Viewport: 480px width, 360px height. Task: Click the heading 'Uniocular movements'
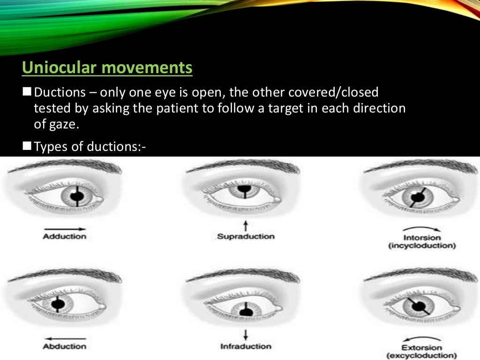107,68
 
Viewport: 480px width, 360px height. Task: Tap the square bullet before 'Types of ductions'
27,147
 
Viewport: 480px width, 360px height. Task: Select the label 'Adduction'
64,237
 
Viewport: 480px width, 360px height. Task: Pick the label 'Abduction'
64,346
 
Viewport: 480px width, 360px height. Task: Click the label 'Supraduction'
246,237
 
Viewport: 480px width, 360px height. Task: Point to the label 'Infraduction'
246,346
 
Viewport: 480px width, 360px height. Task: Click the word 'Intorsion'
422,238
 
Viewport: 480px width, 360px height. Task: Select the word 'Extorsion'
422,348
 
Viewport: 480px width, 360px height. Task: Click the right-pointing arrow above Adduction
64,228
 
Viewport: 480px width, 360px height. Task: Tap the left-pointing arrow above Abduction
64,338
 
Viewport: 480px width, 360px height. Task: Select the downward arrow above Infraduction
246,335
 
